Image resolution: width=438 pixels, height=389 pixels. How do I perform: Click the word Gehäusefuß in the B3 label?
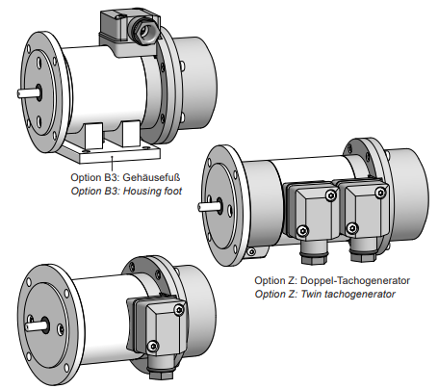[151, 177]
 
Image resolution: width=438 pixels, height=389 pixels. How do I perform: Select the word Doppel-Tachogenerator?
[355, 280]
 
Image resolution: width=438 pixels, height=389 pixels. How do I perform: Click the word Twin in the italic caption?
[311, 294]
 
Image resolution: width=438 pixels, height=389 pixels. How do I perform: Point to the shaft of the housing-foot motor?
[29, 92]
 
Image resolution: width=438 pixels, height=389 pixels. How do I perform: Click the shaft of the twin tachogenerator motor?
[209, 206]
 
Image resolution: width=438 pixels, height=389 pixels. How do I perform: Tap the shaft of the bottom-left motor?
[36, 325]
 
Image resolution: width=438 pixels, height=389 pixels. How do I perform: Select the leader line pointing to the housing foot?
[112, 164]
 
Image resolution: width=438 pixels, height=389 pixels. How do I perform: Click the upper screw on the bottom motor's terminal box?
[179, 309]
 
